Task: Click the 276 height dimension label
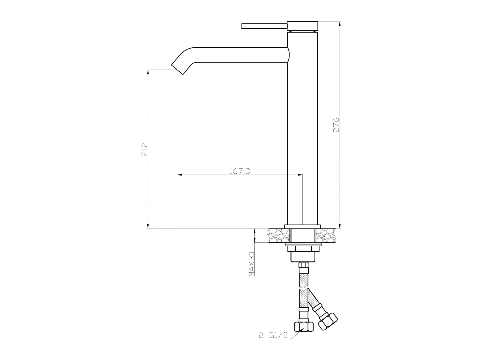tap(336, 125)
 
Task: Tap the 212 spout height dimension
tap(145, 149)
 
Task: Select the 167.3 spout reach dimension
tap(240, 171)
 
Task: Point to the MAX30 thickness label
tap(252, 264)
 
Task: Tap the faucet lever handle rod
tap(264, 26)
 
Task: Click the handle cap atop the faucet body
tap(302, 26)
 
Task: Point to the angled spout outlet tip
tap(177, 70)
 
